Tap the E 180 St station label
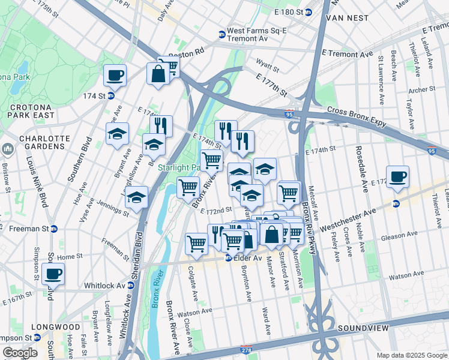[x=290, y=12]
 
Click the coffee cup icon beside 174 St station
[x=115, y=76]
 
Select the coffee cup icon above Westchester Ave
[x=397, y=177]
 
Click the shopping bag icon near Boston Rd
[x=158, y=74]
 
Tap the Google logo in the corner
[x=19, y=353]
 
